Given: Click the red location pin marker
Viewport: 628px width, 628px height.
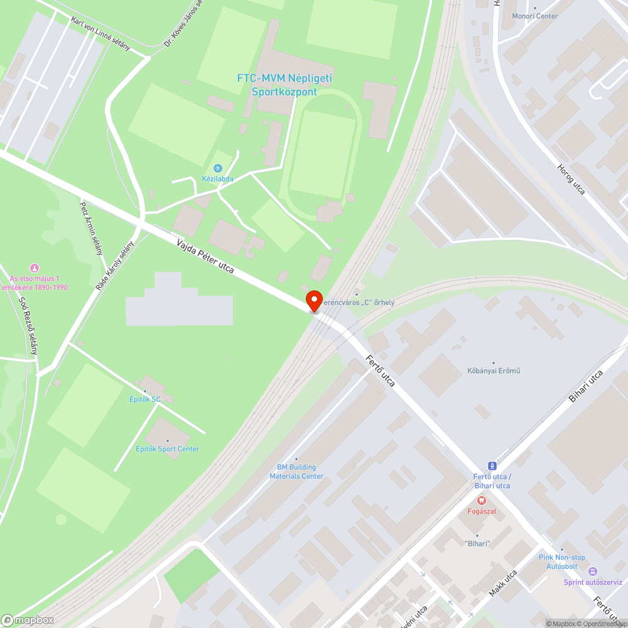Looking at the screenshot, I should click(x=313, y=300).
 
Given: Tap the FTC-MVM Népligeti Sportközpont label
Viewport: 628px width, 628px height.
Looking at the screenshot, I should click(x=284, y=85).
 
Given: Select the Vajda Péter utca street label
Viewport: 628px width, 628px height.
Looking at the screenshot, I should click(x=205, y=256).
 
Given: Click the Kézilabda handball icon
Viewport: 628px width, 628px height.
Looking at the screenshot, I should click(x=218, y=168).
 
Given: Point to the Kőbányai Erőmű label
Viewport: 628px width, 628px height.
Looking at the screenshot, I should click(x=494, y=371).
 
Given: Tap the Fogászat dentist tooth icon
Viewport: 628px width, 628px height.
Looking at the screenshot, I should click(x=482, y=501).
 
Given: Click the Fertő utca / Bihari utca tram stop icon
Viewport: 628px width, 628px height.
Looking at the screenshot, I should click(x=492, y=466).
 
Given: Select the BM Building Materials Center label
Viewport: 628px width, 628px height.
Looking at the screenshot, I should click(x=296, y=472).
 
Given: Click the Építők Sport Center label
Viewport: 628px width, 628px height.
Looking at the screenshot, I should click(x=168, y=449).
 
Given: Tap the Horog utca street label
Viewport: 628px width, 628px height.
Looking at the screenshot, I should click(x=571, y=179).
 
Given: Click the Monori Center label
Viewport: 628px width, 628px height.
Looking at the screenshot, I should click(x=534, y=16).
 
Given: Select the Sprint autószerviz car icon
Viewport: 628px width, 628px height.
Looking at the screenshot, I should click(x=592, y=571).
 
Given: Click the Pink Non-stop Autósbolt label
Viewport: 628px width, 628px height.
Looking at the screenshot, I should click(x=561, y=561).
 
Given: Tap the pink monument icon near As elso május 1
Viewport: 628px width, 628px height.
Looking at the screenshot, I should click(x=34, y=268).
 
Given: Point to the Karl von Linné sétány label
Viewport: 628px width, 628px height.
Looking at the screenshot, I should click(x=101, y=34).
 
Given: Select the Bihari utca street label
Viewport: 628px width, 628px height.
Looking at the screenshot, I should click(x=588, y=386).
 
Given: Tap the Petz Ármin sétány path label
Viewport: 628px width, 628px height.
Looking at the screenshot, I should click(x=91, y=228).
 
